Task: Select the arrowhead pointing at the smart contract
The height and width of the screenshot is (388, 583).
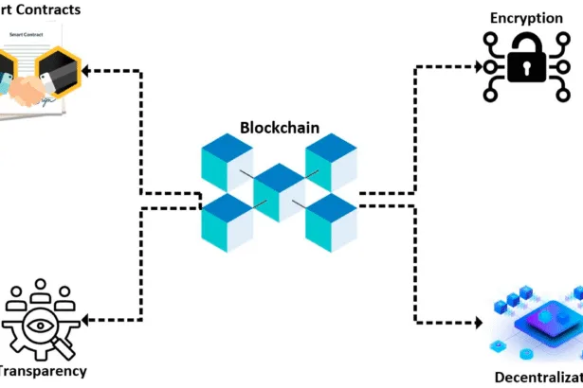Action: [x=86, y=70]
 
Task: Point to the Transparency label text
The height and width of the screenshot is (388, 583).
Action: [x=43, y=373]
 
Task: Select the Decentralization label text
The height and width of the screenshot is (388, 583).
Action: [x=538, y=379]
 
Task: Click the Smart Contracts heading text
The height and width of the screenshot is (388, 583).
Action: [x=38, y=9]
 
